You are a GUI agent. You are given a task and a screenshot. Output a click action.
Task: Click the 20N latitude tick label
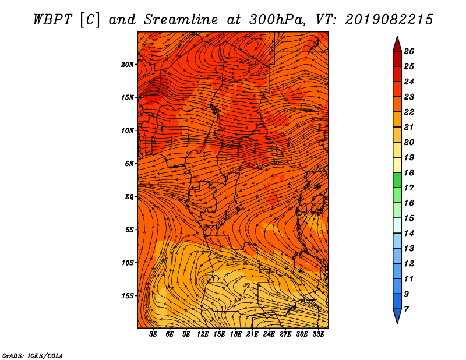[x=128, y=65]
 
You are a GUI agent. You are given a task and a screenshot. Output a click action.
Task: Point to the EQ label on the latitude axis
[x=129, y=197]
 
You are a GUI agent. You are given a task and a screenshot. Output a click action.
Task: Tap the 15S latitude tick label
[x=128, y=296]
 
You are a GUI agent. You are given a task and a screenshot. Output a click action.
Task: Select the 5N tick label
[x=129, y=164]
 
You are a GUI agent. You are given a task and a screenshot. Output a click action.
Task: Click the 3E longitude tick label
[x=153, y=334]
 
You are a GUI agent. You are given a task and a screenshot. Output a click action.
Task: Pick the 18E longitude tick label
[x=236, y=334]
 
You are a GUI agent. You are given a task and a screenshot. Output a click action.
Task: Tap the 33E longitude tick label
[x=318, y=334]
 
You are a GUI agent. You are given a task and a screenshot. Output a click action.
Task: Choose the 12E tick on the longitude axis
[x=202, y=334]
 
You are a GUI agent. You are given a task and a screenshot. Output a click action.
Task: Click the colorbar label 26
[x=409, y=51]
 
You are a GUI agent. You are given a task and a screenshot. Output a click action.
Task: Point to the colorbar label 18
[x=409, y=172]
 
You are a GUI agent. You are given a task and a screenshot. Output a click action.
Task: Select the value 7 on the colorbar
[x=406, y=309]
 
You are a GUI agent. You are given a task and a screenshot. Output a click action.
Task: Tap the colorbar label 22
[x=409, y=112]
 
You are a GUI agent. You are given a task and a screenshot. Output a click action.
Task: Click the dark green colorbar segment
[x=397, y=180]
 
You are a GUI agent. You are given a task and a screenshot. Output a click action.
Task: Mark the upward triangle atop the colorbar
[x=397, y=45]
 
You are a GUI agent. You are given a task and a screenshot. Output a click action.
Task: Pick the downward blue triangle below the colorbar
[x=397, y=316]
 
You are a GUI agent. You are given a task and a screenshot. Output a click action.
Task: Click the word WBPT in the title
[x=52, y=20]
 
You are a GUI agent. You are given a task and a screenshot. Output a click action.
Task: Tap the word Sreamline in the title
[x=181, y=20]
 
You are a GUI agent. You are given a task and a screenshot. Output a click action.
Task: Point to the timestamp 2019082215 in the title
[x=389, y=20]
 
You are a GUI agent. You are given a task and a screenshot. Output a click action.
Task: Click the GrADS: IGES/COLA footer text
[x=33, y=356]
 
